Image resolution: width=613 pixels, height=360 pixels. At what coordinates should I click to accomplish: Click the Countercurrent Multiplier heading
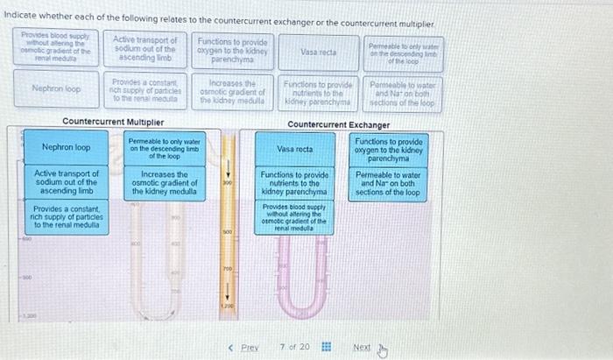113,122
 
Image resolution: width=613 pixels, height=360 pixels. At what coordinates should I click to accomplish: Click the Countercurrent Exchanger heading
339,124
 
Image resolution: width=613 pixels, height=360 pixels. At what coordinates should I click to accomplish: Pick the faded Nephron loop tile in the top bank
55,88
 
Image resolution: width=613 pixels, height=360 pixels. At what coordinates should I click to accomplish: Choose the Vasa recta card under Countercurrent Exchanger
295,150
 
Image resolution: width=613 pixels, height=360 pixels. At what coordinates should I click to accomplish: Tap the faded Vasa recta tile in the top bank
319,53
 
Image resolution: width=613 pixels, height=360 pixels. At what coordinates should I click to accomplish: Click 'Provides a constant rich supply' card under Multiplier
66,216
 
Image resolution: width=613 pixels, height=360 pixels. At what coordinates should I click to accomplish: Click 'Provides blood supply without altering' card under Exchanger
295,216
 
